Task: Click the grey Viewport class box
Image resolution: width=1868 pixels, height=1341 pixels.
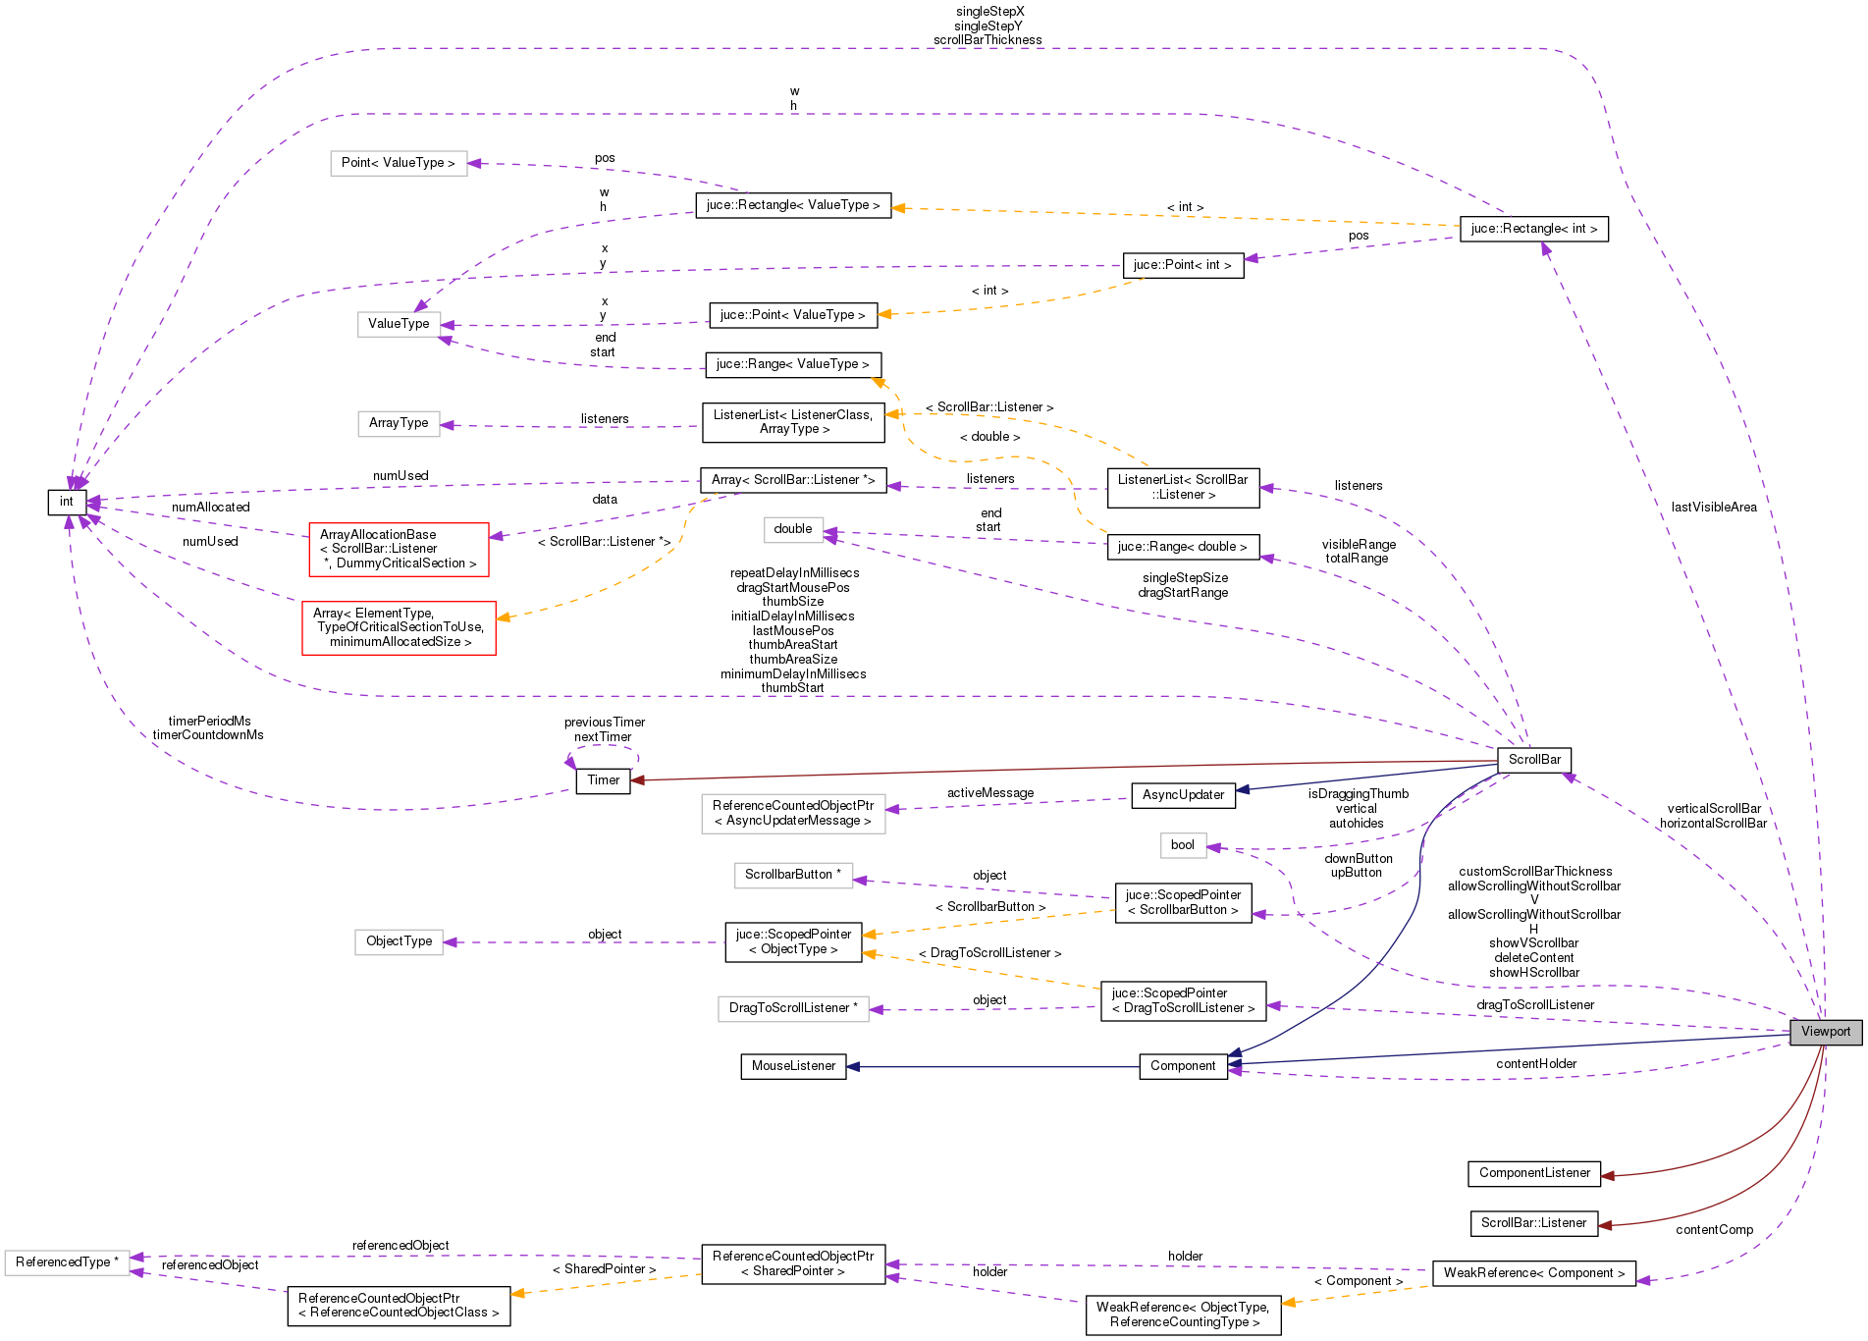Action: pos(1825,1032)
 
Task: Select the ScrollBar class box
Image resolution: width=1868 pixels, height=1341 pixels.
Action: pos(1533,760)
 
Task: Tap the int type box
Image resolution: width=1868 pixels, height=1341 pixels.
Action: pos(67,502)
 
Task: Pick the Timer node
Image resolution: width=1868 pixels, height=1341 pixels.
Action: pos(603,780)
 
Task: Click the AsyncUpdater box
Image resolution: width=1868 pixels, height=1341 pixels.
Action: pos(1183,795)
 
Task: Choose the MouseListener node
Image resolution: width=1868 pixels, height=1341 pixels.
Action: pos(793,1066)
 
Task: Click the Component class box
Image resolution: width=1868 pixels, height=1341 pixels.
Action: pos(1183,1066)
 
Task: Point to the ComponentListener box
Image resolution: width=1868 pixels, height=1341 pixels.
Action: pos(1533,1173)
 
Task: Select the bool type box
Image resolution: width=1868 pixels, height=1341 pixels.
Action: pos(1183,845)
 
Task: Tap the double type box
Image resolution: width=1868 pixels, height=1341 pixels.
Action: pos(793,529)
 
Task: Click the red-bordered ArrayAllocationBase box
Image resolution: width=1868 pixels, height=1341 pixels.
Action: pos(399,550)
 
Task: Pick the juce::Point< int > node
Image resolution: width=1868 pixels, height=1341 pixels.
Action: pos(1182,265)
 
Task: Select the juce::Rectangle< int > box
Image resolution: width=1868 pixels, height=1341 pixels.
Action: pos(1533,229)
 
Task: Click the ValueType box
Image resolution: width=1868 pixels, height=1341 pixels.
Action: pos(399,324)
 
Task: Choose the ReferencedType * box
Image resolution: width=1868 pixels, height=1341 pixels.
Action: pos(67,1262)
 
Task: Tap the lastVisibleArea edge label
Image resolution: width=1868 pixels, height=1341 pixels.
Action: pos(1714,508)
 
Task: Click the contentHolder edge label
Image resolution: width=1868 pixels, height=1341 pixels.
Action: pos(1536,1064)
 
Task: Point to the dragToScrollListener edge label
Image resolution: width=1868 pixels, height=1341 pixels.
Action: pos(1535,1005)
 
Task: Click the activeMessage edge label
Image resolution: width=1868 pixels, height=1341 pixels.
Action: pos(989,793)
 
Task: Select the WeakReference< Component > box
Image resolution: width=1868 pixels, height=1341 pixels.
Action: pos(1533,1273)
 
